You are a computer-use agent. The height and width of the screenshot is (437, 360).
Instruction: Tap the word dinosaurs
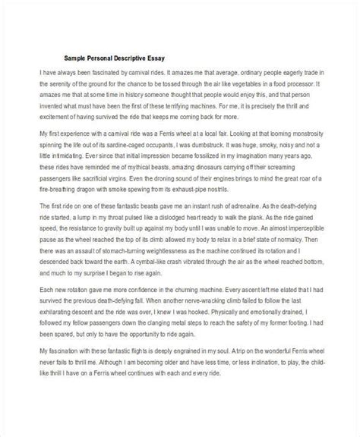(190, 172)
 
